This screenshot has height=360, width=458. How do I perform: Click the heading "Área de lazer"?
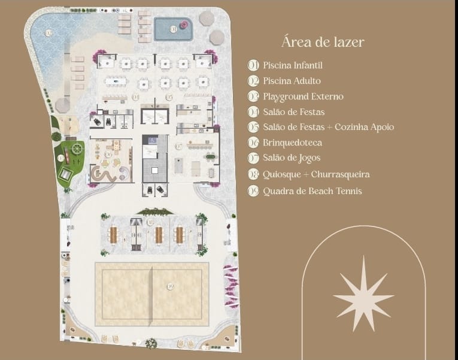(x=323, y=42)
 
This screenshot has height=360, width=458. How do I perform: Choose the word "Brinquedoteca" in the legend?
(x=292, y=143)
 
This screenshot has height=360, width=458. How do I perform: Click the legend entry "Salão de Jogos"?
(x=292, y=158)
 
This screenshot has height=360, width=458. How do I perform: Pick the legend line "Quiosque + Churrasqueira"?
(x=316, y=174)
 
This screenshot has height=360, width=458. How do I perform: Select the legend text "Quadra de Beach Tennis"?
(x=312, y=191)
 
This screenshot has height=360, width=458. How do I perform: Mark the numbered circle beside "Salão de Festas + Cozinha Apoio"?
(x=253, y=127)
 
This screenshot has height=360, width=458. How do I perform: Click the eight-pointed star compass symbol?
(x=363, y=294)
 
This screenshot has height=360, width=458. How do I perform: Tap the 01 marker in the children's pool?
(x=173, y=28)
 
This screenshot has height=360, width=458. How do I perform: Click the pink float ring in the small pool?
(x=183, y=25)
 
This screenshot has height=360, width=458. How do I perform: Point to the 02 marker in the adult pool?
(x=48, y=32)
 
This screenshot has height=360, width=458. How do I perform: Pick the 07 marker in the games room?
(x=178, y=146)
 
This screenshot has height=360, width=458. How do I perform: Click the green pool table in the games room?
(x=210, y=158)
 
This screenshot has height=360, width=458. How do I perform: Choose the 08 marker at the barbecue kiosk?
(x=150, y=223)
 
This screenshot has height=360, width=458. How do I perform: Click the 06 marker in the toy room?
(x=108, y=155)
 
